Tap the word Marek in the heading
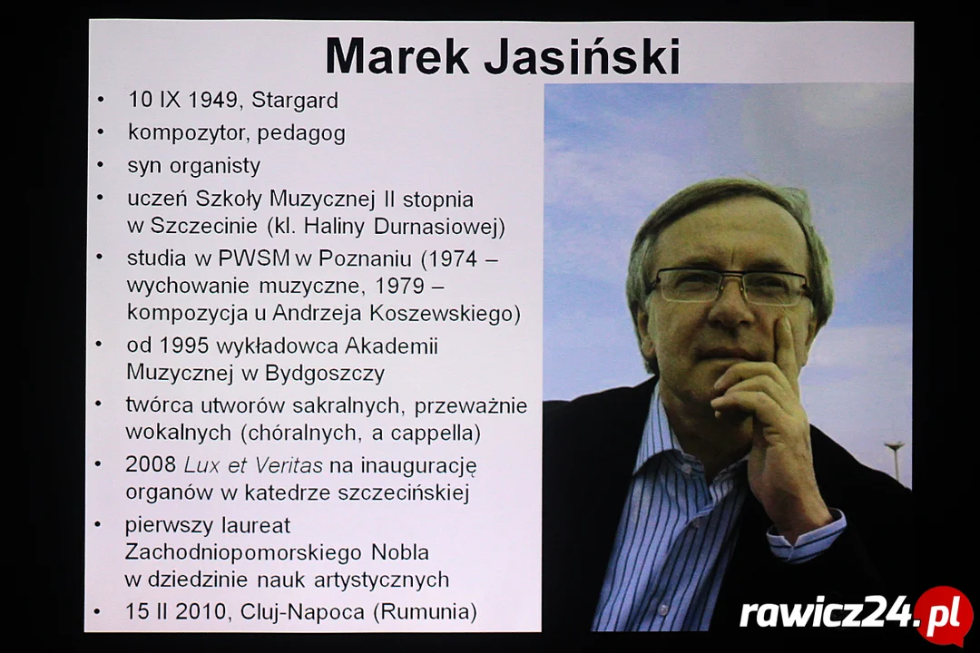[397, 56]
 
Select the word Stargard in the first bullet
[294, 101]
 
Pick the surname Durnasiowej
[439, 226]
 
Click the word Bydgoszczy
[324, 374]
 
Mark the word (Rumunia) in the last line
[425, 612]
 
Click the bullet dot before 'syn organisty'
[100, 166]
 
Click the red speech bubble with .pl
[945, 615]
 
